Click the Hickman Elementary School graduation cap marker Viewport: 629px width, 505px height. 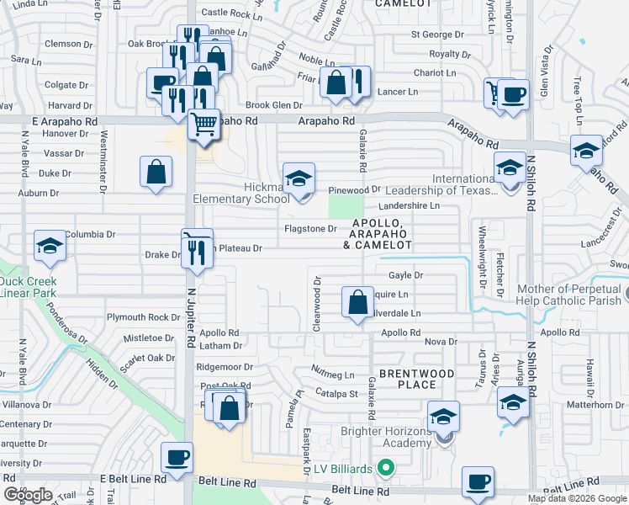[x=298, y=179]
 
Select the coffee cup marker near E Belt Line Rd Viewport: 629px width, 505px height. [x=176, y=458]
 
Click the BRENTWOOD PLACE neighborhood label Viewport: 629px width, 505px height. [x=416, y=379]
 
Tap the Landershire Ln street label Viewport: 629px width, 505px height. [x=410, y=205]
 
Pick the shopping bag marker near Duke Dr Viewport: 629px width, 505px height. [x=156, y=172]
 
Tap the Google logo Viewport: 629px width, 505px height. [x=28, y=495]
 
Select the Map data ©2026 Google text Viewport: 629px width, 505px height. [x=576, y=498]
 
